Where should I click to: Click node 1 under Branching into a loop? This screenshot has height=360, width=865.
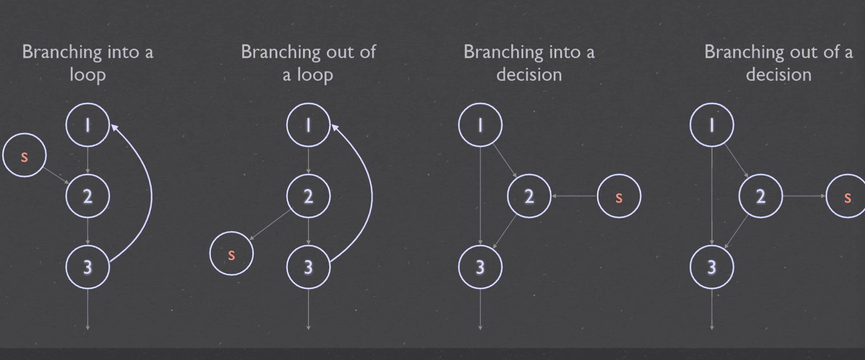pyautogui.click(x=88, y=125)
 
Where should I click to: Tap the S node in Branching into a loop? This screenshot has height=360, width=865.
pyautogui.click(x=24, y=155)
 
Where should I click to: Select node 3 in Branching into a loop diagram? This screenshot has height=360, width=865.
pyautogui.click(x=88, y=267)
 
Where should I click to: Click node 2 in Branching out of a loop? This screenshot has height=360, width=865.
pyautogui.click(x=308, y=196)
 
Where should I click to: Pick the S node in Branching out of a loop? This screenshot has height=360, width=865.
pyautogui.click(x=231, y=253)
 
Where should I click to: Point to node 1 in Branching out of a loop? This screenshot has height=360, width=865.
pyautogui.click(x=308, y=125)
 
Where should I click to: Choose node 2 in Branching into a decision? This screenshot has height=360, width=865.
pyautogui.click(x=529, y=196)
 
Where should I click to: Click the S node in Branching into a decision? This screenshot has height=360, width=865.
pyautogui.click(x=619, y=196)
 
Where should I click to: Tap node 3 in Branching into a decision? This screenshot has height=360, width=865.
pyautogui.click(x=480, y=267)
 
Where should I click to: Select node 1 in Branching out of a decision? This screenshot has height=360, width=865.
pyautogui.click(x=712, y=125)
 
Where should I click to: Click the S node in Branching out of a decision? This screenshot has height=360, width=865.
pyautogui.click(x=847, y=196)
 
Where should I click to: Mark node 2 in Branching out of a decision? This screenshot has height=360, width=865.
pyautogui.click(x=761, y=196)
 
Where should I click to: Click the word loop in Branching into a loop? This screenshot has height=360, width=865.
pyautogui.click(x=88, y=75)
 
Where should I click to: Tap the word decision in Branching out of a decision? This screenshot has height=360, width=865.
pyautogui.click(x=778, y=75)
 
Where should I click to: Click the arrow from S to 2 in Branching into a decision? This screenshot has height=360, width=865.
pyautogui.click(x=574, y=196)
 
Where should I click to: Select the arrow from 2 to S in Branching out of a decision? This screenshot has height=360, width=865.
pyautogui.click(x=804, y=196)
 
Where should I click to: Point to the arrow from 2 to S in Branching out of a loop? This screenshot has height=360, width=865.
pyautogui.click(x=270, y=225)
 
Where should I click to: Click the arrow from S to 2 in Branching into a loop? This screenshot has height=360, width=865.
pyautogui.click(x=56, y=175)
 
